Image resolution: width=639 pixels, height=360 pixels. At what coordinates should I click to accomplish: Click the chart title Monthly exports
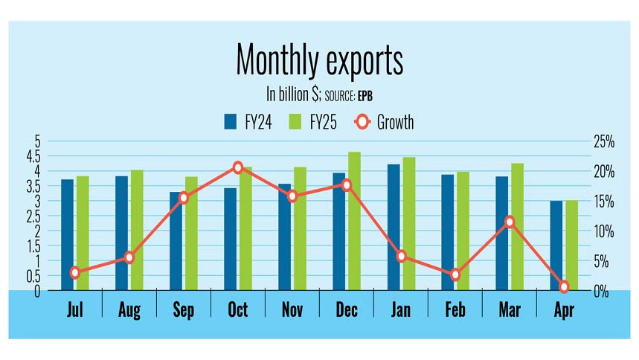tap(319, 60)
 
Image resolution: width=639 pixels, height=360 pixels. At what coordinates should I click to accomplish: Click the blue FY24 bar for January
tap(394, 227)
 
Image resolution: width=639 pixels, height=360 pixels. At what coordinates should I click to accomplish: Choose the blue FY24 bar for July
tap(67, 235)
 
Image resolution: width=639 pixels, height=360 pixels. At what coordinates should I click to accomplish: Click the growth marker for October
tap(238, 167)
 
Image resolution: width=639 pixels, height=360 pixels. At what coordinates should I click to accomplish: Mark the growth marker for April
tap(564, 286)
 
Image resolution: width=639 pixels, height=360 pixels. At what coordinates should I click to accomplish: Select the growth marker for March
tap(510, 222)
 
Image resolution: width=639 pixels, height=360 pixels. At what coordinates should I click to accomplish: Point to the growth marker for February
tap(455, 274)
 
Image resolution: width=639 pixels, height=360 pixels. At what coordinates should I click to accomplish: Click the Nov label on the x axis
tap(292, 310)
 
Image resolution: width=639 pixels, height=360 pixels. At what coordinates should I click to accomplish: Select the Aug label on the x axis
tap(129, 310)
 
